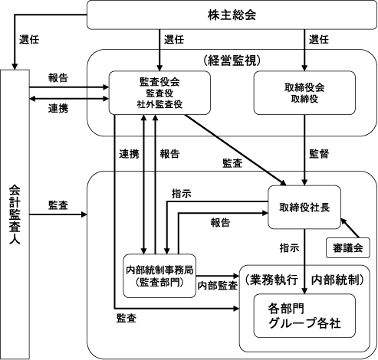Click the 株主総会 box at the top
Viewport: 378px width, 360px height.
click(232, 15)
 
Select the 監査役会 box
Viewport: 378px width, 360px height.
click(159, 93)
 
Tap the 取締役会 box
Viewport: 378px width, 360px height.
click(304, 93)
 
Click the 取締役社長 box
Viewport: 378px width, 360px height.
click(304, 207)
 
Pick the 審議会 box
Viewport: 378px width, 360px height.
click(348, 248)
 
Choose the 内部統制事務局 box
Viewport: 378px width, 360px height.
click(159, 276)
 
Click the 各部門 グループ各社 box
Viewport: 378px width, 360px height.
click(304, 316)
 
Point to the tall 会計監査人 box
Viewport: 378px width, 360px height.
click(15, 214)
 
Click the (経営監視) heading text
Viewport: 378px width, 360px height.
click(232, 61)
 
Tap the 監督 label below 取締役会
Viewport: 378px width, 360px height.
click(319, 154)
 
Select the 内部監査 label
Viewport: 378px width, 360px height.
click(218, 286)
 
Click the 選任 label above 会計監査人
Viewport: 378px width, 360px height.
click(29, 40)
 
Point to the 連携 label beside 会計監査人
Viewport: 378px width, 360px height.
click(58, 109)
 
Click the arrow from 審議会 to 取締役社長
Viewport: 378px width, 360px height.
click(350, 228)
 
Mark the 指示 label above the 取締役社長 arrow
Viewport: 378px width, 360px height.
click(182, 194)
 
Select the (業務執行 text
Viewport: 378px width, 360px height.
click(271, 280)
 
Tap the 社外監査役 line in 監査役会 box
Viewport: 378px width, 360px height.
click(159, 104)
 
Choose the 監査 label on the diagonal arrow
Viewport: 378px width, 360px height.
click(232, 163)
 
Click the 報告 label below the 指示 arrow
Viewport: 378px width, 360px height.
click(220, 222)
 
